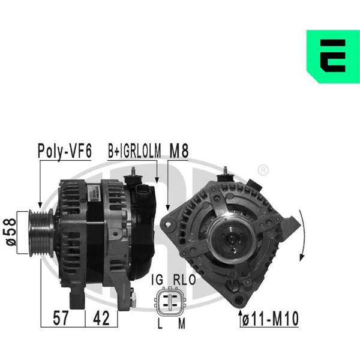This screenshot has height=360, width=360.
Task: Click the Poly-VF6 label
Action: coord(65,151)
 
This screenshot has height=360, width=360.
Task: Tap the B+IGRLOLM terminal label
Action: coord(134,151)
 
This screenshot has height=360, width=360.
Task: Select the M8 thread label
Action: coord(179,151)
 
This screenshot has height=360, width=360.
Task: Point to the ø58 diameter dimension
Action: coord(11,232)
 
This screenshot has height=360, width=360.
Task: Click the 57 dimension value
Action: coord(61,318)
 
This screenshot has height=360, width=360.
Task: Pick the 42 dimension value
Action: coord(101,318)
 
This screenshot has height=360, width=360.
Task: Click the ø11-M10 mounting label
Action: coord(271,319)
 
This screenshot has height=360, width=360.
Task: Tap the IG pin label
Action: coord(157,280)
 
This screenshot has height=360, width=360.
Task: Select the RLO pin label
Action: coord(184,280)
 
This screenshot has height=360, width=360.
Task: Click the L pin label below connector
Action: coord(160,323)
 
